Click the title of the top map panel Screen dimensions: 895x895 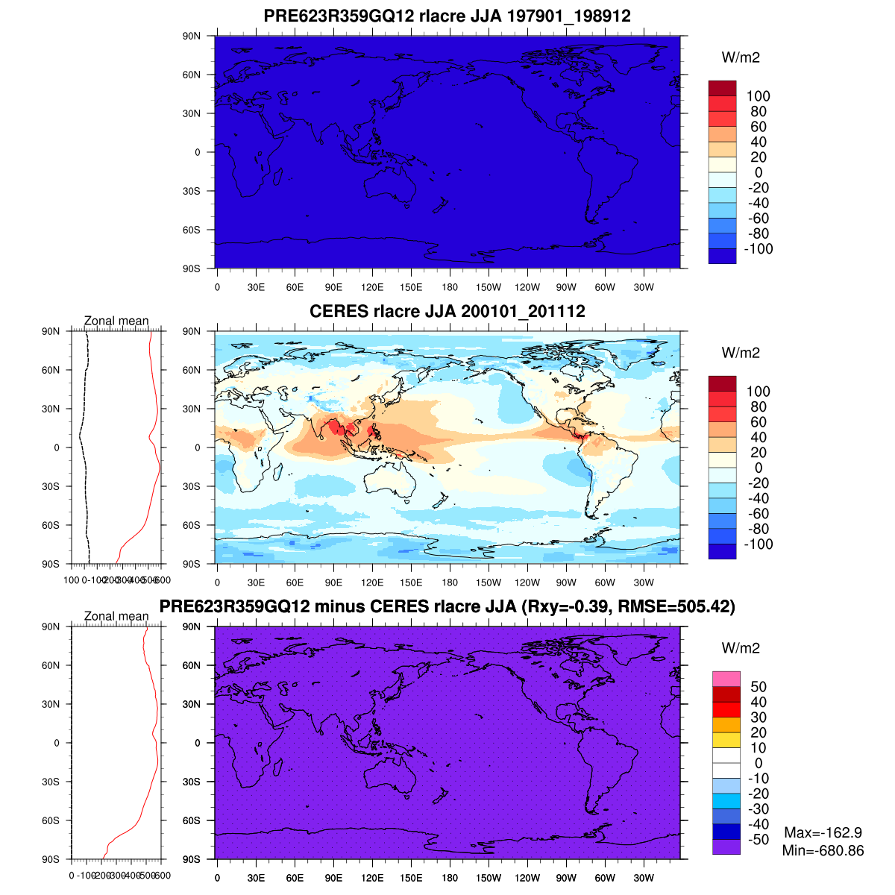coord(447,16)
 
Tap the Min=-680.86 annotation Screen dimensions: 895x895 coord(823,850)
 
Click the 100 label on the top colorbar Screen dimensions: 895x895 coord(758,96)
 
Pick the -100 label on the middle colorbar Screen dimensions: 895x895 coord(758,544)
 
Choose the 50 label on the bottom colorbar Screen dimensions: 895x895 coord(758,687)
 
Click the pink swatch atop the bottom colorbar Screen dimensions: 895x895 coord(726,679)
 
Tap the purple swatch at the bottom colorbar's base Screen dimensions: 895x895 coord(726,847)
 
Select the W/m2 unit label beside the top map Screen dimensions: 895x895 coord(741,58)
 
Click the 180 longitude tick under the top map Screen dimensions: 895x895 coord(450,287)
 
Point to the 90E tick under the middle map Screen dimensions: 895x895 coord(333,582)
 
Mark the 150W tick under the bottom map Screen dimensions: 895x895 coord(489,878)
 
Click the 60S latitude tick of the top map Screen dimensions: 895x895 coord(192,230)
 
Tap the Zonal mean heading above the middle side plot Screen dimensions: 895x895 coord(116,321)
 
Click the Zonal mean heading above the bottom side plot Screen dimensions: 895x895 coord(116,616)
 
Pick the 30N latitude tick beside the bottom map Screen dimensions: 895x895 coord(192,704)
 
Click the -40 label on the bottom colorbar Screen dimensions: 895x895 coord(758,824)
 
